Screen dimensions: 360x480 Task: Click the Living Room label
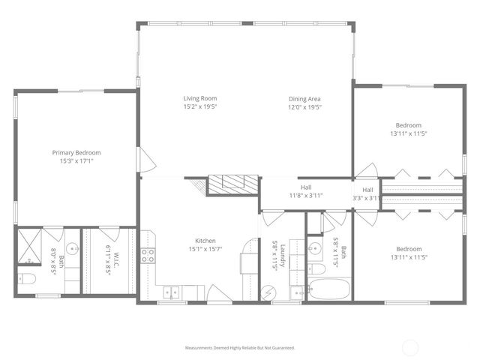pos(200,98)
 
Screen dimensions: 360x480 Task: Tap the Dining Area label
pos(305,98)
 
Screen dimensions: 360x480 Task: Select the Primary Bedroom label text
pos(76,152)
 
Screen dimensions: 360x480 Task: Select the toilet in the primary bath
pos(27,280)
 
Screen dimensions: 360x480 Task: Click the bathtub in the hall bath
pos(328,289)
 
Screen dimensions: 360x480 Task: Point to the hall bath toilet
pos(316,268)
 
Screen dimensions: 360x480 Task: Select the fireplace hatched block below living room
pos(232,184)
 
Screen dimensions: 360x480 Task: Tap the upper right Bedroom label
pos(408,125)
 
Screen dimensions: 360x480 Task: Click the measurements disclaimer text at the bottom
pos(240,348)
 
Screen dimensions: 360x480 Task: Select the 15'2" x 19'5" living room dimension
pos(200,107)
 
